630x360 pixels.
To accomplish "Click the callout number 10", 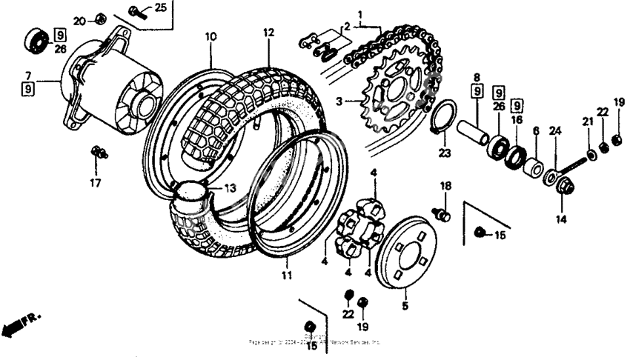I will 210,36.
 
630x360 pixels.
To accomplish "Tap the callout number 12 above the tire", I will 268,33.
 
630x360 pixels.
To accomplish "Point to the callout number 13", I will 231,189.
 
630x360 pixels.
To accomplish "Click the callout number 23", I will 444,153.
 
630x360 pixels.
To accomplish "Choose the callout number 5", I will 405,304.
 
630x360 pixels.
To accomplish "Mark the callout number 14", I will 560,219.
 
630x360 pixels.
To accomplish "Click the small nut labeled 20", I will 102,19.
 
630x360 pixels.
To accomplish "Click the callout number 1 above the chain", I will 360,14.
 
